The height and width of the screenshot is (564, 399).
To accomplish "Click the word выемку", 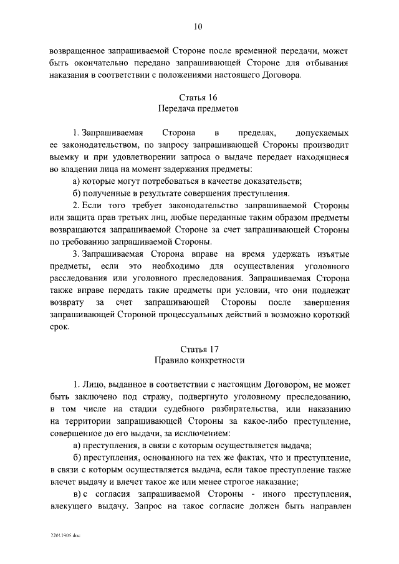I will pyautogui.click(x=65, y=157).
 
